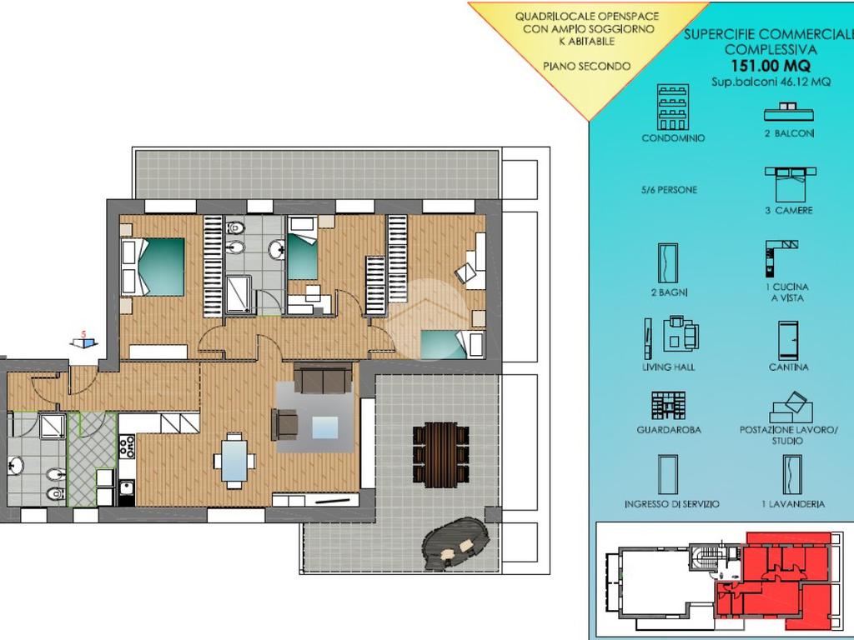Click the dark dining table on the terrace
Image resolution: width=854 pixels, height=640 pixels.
(440, 455)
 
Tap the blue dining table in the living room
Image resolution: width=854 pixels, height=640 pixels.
(234, 460)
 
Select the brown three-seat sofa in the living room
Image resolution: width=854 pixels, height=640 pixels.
(323, 378)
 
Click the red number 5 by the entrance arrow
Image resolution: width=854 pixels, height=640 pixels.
(83, 334)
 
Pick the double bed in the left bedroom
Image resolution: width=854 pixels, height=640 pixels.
(153, 267)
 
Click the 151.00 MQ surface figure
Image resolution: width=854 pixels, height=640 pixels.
(770, 66)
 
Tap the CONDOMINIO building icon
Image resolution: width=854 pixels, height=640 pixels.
(673, 107)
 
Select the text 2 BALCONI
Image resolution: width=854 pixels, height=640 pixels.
(789, 133)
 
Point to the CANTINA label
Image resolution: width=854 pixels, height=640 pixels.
(789, 367)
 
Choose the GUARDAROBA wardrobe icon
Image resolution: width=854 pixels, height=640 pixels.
(668, 406)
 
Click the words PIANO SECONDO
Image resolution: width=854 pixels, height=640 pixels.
(586, 67)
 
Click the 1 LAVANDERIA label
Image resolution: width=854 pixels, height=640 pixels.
(793, 504)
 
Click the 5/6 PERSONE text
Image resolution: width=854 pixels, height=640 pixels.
(669, 190)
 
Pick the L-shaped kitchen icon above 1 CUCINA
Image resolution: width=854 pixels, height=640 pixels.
(781, 258)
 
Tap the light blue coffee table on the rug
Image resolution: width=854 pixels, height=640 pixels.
(325, 427)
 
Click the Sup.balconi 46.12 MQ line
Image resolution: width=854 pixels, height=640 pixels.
(771, 82)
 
